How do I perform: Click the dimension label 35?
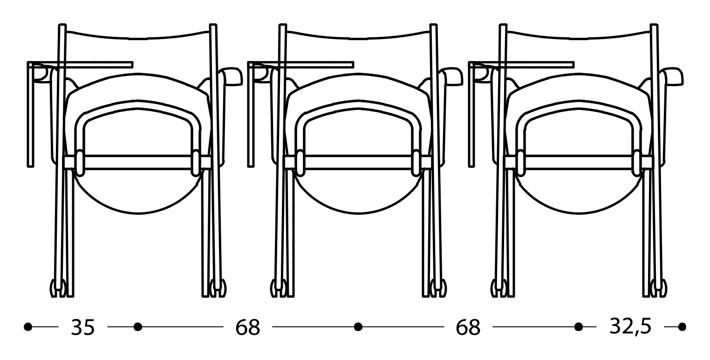82,328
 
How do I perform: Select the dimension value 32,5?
630,327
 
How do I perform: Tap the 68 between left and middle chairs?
247,328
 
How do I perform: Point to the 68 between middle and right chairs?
468,328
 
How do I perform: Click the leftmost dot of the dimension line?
28,327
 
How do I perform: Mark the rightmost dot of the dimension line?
682,327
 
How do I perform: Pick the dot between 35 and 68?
137,327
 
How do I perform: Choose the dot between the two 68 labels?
358,327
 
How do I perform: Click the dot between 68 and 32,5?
579,327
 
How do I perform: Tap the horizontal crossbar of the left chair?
137,162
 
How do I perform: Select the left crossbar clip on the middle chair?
300,163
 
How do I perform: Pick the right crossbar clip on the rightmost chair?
636,163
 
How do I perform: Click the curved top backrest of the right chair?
578,35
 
